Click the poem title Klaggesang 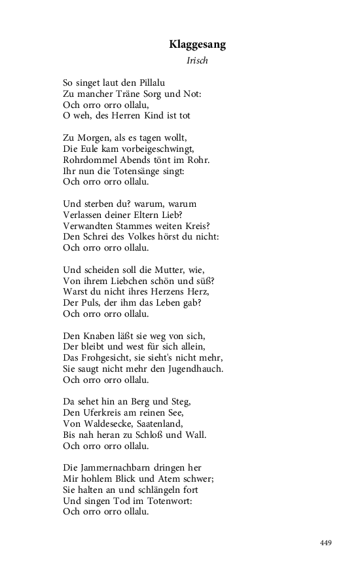[x=197, y=45]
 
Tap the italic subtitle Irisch [x=198, y=62]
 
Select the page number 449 [x=326, y=543]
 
